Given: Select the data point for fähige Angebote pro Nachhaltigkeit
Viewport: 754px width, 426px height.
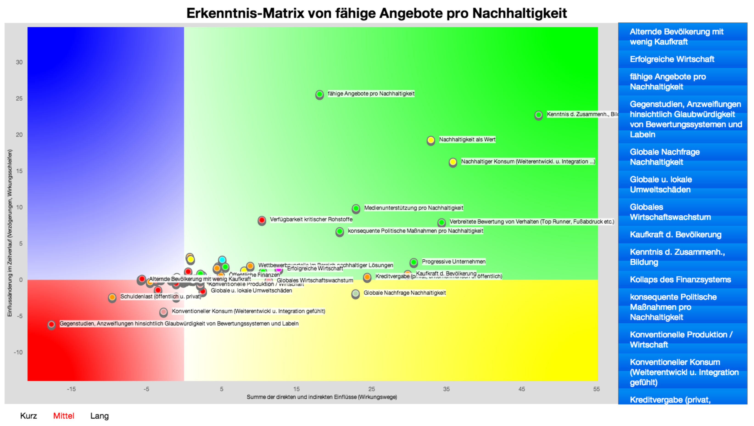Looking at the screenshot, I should point(319,94).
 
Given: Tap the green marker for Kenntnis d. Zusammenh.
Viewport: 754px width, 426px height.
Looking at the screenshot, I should point(538,115).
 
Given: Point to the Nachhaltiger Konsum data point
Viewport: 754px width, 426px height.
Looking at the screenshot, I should point(452,162).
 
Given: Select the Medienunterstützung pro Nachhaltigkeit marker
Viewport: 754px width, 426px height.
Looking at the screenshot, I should point(356,208).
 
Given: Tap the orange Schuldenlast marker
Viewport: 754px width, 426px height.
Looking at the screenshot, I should point(112,297).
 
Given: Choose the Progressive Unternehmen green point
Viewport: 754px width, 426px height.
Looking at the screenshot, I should point(413,262).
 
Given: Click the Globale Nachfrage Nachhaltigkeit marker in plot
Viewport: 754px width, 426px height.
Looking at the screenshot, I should point(355,293).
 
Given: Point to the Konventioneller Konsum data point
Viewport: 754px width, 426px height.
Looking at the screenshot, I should point(163,312).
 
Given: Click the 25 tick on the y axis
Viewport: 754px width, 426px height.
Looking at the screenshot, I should point(19,98).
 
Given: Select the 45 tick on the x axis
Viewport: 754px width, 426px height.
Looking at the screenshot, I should point(521,389).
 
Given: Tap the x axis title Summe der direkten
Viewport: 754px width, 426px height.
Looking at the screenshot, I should point(322,397).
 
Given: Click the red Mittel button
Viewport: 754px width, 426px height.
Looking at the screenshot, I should point(64,416).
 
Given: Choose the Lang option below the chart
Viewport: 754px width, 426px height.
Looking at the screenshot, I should point(99,416).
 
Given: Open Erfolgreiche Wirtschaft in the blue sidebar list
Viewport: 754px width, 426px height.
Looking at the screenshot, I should point(672,59).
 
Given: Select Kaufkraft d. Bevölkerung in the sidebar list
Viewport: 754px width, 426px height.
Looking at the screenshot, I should point(675,235).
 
